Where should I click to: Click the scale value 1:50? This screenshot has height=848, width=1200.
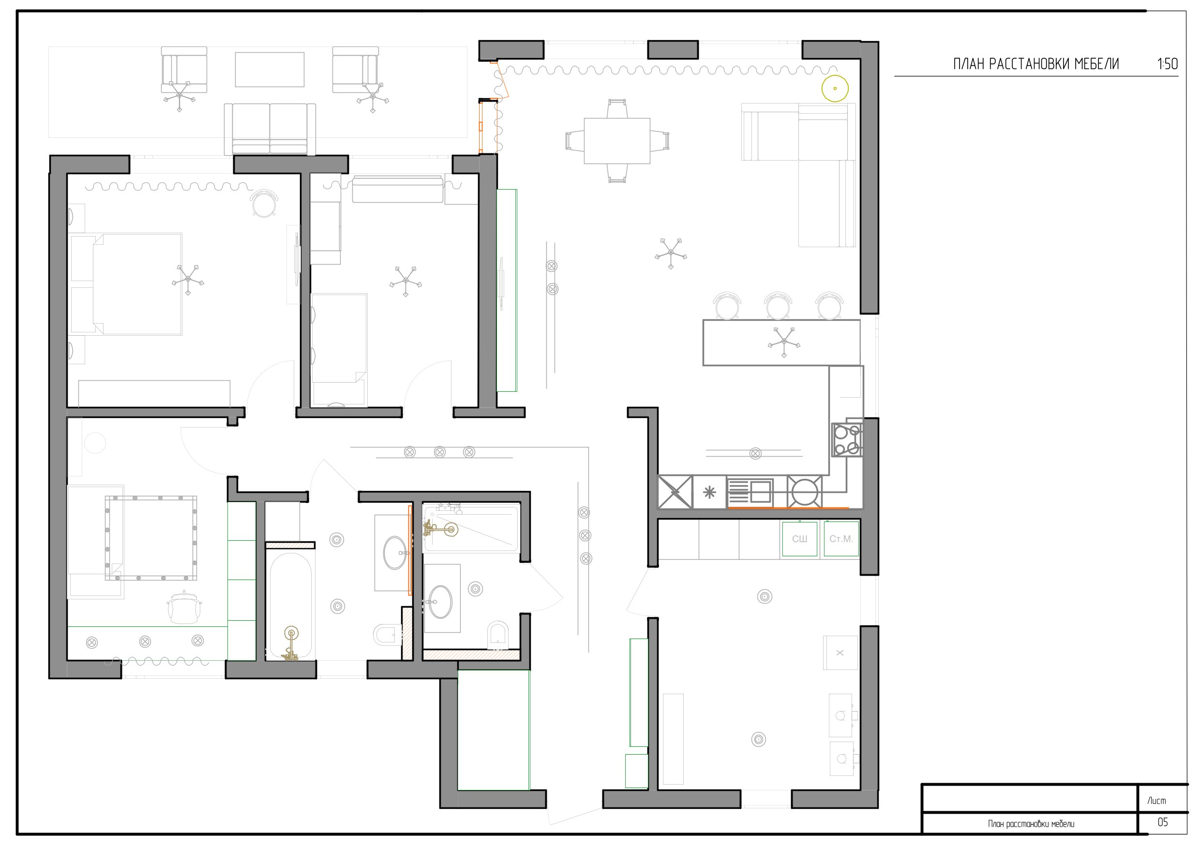1168,64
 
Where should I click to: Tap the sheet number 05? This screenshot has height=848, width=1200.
1162,822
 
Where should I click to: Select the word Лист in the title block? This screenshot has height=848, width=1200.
1156,801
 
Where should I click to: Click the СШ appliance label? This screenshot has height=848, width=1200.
799,539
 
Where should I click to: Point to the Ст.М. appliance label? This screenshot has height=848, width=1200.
841,539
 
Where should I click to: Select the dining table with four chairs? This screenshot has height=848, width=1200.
617,141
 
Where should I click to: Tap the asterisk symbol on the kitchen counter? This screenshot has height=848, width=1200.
709,492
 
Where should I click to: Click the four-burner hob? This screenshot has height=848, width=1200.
847,439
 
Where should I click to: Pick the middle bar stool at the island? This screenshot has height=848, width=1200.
778,305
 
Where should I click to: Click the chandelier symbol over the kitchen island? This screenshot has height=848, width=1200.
783,343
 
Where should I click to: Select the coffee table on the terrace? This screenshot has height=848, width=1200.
269,70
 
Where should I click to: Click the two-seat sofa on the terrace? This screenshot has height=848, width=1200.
270,129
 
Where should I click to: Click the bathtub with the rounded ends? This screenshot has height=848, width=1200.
290,606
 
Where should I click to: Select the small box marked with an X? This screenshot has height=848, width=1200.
840,653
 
